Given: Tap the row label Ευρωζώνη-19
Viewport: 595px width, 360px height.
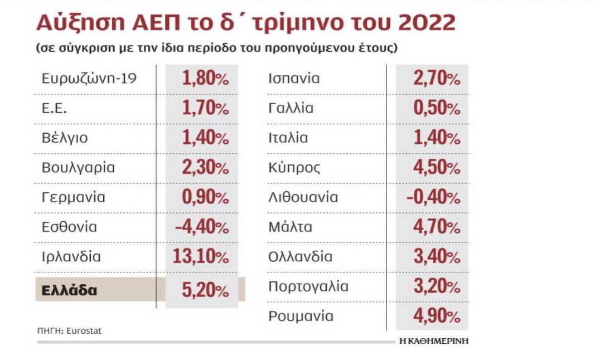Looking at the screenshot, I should (x=89, y=78).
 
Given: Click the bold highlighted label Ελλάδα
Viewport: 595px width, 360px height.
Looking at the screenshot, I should (x=69, y=290).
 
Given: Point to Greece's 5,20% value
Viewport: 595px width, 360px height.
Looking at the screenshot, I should (x=205, y=290).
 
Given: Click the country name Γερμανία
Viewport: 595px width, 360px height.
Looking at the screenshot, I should (x=73, y=197).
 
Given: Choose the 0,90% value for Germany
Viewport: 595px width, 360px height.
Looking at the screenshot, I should (x=205, y=197).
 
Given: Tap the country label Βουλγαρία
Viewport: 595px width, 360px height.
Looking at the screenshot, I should (x=78, y=167).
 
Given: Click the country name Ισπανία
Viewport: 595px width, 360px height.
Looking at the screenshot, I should (x=294, y=78).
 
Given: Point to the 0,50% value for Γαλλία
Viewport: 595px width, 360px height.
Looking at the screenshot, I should (x=437, y=108).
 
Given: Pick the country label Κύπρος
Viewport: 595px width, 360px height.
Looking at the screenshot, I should (x=294, y=167).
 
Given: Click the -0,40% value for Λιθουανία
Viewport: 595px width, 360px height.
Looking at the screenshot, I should (x=433, y=197).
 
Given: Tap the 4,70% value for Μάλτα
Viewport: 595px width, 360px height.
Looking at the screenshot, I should (x=437, y=227).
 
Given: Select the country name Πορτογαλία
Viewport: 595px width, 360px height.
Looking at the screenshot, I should (x=308, y=287).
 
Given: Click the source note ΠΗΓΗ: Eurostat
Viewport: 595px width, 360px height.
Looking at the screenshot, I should (x=69, y=330).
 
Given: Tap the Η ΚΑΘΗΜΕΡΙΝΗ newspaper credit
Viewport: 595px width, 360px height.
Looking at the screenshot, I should (x=434, y=341).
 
